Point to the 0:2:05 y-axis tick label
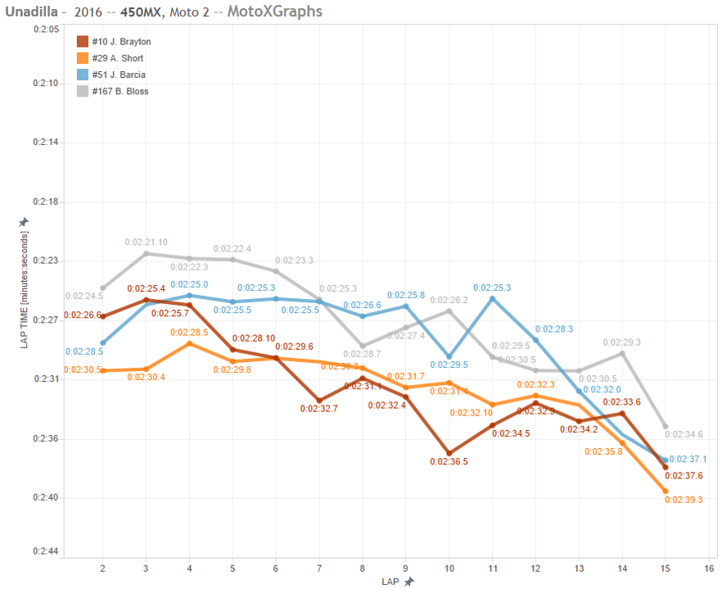tap(45, 29)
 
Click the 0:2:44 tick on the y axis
tap(45, 550)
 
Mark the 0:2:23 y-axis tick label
tap(45, 261)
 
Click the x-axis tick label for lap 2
tap(102, 567)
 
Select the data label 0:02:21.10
tap(146, 242)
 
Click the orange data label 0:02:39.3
tap(684, 500)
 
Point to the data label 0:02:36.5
tap(449, 462)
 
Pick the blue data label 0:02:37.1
tap(688, 459)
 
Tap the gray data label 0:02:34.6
tap(684, 434)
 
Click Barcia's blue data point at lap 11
tap(492, 299)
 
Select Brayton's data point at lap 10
tap(449, 453)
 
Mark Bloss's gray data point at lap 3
tap(146, 253)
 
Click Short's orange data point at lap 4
tap(189, 343)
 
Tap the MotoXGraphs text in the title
tap(274, 11)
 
